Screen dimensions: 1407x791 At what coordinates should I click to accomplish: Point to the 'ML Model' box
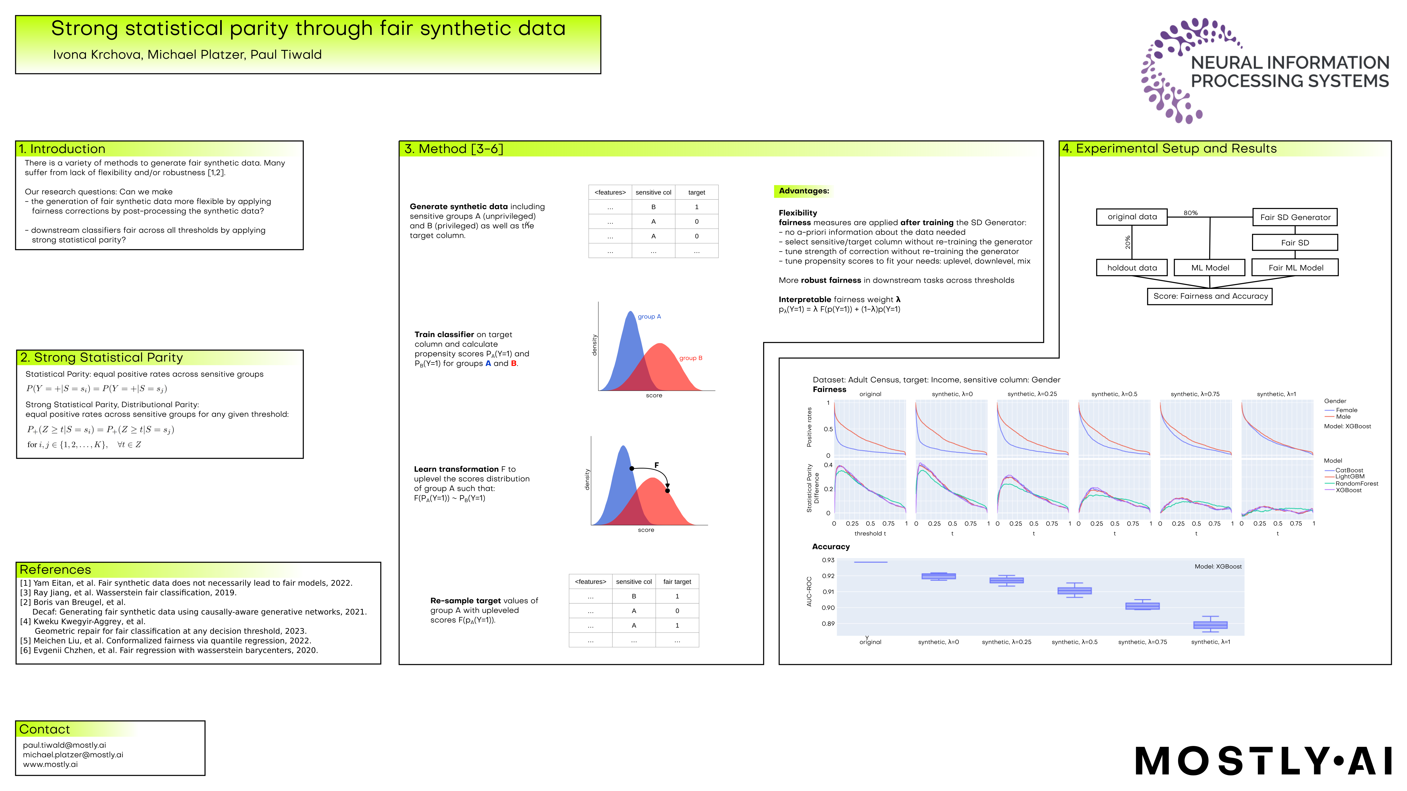1210,268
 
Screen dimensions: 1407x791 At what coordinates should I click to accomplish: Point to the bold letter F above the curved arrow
657,465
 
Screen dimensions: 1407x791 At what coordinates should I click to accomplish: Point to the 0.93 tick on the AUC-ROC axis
828,560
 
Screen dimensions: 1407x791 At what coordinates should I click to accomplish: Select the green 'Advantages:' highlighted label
804,191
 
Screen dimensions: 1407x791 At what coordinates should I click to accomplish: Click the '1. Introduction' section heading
62,149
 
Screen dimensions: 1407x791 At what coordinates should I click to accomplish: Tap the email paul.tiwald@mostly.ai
65,745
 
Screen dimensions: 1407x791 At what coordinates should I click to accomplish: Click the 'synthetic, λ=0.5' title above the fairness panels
1114,394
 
